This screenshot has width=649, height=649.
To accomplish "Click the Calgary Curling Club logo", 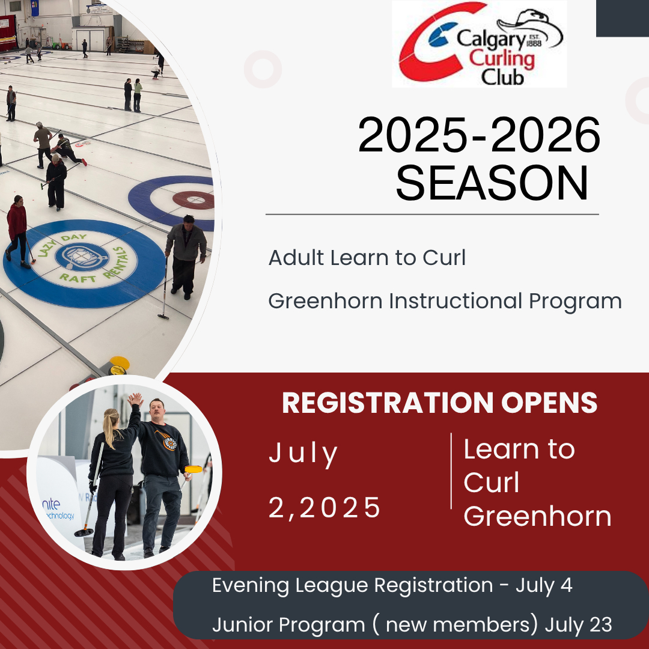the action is [479, 43].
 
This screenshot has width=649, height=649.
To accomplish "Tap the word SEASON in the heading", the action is [492, 183].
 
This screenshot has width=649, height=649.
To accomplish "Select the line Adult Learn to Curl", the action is [367, 257].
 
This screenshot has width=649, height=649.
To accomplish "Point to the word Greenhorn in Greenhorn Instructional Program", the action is [325, 301].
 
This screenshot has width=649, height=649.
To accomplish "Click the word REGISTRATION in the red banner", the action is [388, 402].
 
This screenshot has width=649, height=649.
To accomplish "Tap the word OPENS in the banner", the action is [549, 402].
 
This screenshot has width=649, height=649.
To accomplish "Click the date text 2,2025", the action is [324, 507].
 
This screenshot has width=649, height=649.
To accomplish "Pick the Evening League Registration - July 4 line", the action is [392, 585].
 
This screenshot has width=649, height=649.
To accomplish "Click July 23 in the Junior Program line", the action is [578, 624].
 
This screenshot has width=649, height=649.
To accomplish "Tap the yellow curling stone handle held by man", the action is [193, 469].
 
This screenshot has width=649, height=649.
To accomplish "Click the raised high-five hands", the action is [135, 400].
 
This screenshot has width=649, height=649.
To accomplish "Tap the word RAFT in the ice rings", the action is [78, 278].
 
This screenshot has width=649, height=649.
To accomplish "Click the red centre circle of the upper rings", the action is [193, 200].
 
